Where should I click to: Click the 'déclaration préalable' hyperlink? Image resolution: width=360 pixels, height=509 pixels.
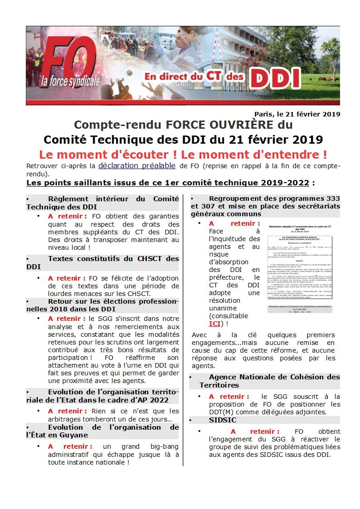point(136,165)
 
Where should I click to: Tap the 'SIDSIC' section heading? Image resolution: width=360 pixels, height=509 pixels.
point(223,420)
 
